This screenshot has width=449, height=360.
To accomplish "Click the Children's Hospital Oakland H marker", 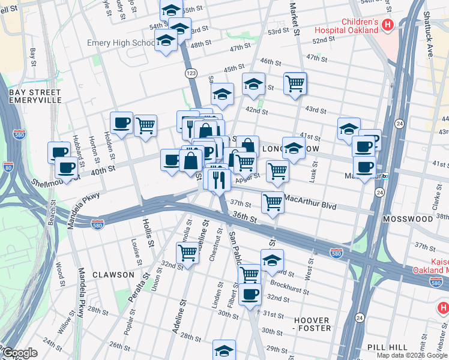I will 388,25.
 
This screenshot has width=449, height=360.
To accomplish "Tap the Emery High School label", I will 120,43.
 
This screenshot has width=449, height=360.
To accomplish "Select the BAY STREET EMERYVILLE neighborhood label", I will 35,96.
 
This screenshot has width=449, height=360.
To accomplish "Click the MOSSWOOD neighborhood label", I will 411,219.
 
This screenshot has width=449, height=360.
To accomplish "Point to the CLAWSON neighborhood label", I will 113,275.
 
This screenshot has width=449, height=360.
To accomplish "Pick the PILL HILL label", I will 388,347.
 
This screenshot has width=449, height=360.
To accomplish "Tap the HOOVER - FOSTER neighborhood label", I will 311,324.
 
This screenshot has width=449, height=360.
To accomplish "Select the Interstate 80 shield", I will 8,166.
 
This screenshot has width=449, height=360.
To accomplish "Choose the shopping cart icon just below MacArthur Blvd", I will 273,202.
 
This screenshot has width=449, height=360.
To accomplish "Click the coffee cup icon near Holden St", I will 122,123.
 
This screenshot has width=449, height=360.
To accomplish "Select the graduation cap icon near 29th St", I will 224,350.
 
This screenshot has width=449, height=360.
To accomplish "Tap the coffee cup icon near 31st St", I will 250,294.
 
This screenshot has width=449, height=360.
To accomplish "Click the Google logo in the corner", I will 19,353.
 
